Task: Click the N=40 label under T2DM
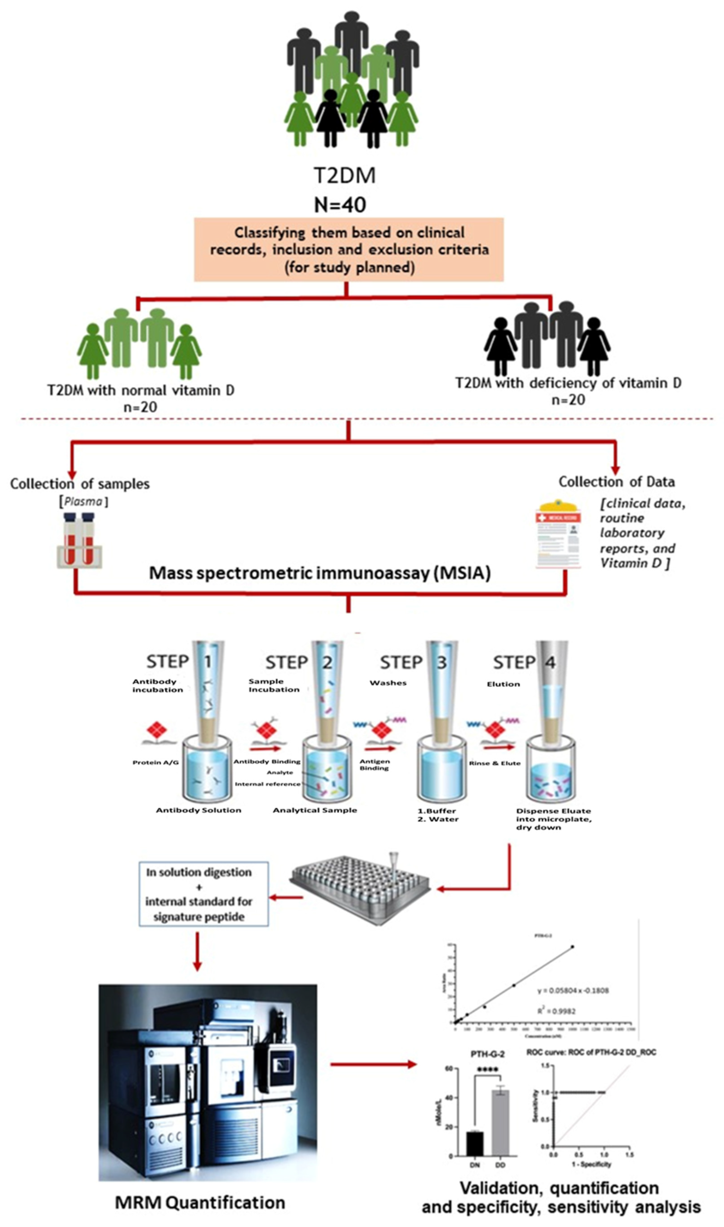[x=340, y=205]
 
